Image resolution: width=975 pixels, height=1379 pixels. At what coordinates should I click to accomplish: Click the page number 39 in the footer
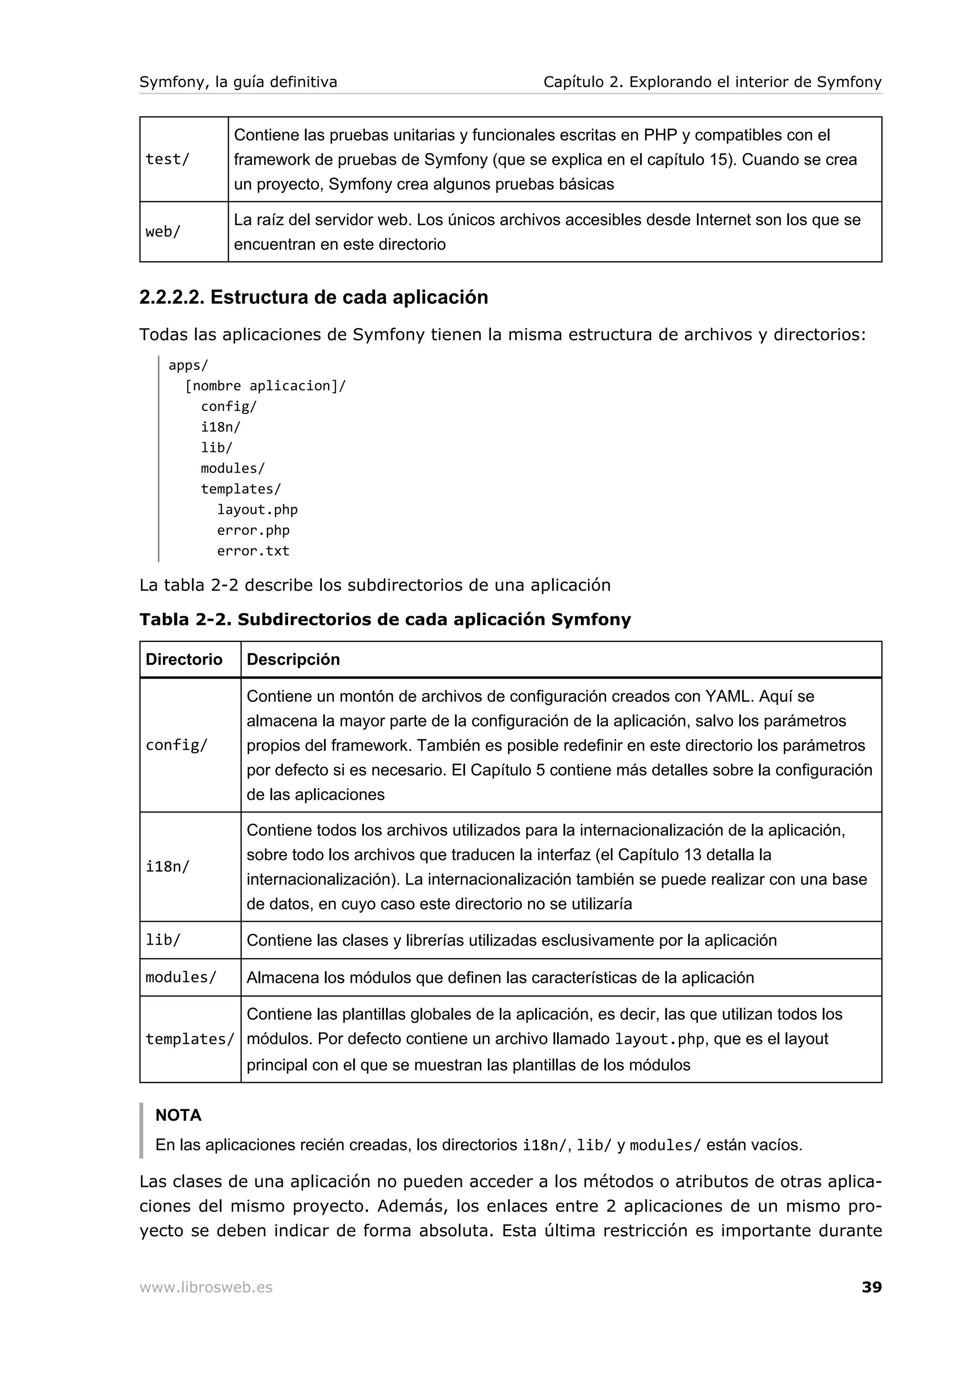click(x=871, y=1287)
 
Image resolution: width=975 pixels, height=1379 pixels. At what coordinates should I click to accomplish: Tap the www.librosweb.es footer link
click(x=206, y=1288)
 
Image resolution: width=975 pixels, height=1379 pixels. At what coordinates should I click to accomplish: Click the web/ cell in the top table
click(x=163, y=232)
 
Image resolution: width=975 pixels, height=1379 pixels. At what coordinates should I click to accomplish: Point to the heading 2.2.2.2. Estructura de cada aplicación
click(x=314, y=297)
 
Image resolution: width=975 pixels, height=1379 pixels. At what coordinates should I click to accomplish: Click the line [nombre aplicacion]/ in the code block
click(x=266, y=385)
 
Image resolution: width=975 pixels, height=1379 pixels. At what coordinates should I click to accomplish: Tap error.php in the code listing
click(x=253, y=531)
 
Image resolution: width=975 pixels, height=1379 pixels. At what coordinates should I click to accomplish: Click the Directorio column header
click(x=184, y=660)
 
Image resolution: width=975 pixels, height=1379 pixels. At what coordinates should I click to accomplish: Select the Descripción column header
click(x=293, y=660)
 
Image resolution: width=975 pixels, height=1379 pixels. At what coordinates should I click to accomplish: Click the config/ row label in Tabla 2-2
click(x=177, y=745)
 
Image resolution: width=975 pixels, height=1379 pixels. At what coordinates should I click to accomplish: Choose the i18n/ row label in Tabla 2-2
click(x=168, y=867)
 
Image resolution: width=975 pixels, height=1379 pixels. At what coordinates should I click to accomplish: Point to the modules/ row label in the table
click(x=181, y=977)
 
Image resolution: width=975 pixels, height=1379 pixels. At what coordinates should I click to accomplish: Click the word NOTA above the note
click(x=179, y=1115)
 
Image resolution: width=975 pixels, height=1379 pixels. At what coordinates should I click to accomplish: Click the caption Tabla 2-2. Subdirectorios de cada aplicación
click(x=385, y=620)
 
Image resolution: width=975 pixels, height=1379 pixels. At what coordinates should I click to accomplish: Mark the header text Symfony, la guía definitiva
click(x=239, y=82)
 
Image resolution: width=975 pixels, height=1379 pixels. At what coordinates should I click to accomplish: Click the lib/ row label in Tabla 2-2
click(x=163, y=940)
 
